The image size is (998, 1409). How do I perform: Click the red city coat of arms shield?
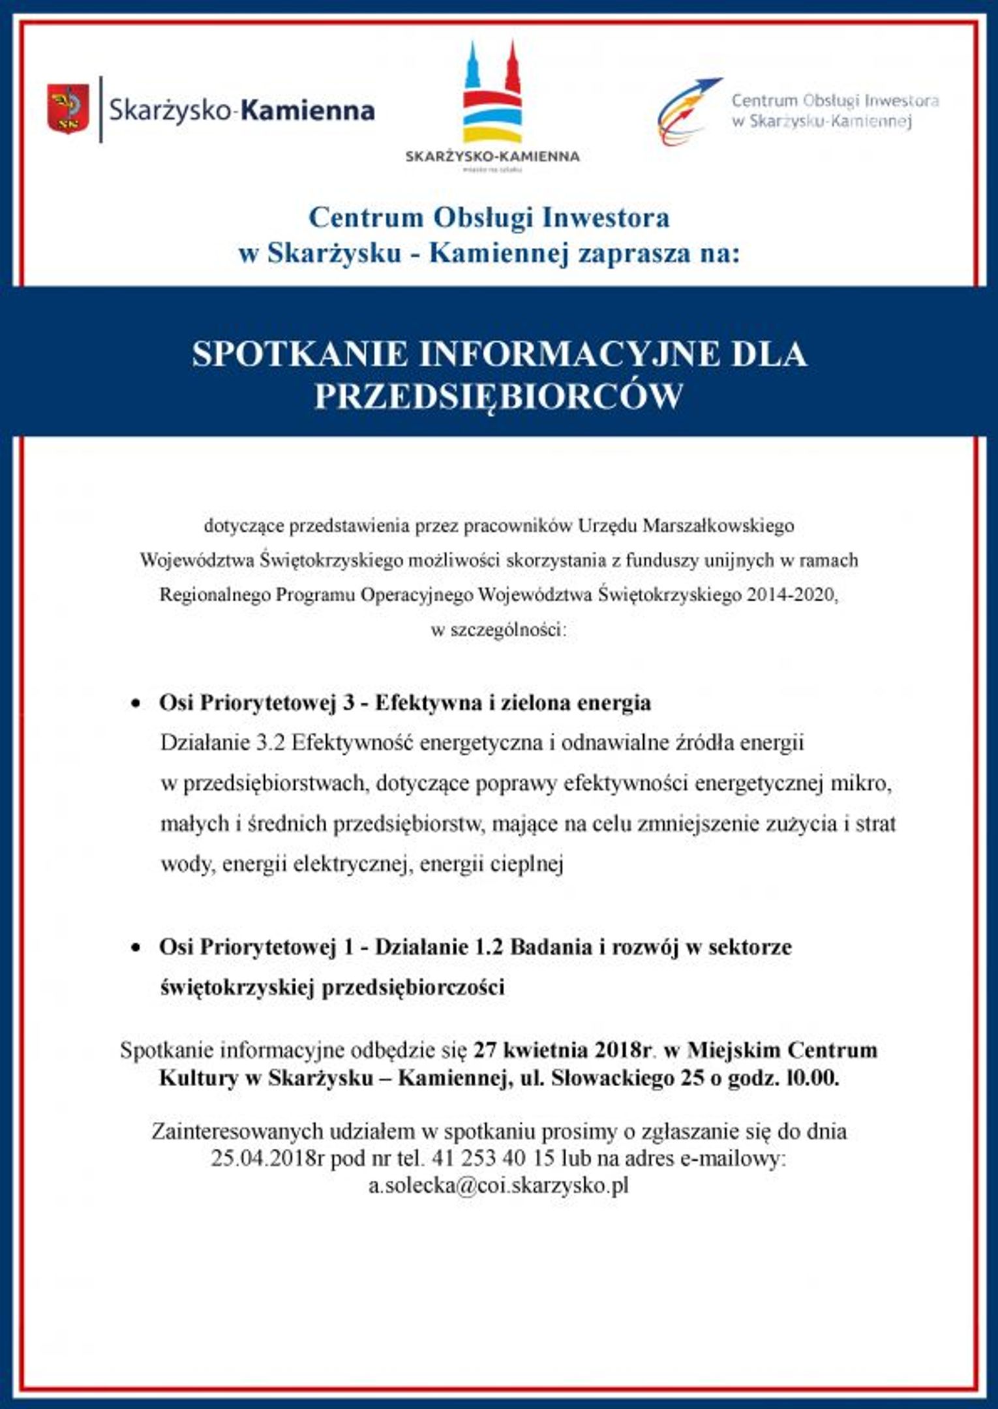(68, 109)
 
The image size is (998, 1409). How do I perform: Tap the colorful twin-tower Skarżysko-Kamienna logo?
(492, 95)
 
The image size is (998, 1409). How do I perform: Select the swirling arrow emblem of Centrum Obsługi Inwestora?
(686, 111)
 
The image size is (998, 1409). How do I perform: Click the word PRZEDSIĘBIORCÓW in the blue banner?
(498, 396)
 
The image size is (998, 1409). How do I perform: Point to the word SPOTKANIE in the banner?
(300, 354)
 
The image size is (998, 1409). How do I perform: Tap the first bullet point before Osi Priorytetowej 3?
(136, 704)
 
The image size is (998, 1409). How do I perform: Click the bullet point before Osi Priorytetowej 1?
(136, 948)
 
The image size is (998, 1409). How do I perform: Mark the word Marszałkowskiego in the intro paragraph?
(718, 525)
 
